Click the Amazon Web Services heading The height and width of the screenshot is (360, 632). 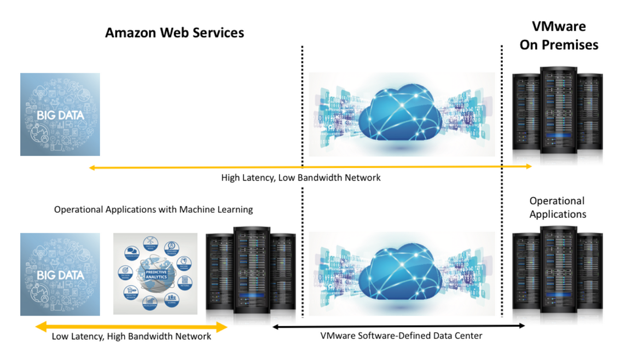[x=174, y=33]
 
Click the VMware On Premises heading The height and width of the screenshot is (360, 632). [x=559, y=36]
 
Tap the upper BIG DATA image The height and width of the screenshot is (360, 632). [x=60, y=114]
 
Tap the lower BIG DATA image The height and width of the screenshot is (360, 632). [x=60, y=274]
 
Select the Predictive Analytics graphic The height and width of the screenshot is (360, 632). [x=155, y=274]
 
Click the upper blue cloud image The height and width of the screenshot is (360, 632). [x=402, y=114]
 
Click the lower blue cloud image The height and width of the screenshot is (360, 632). [x=402, y=274]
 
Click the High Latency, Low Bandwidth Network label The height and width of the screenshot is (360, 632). [x=301, y=178]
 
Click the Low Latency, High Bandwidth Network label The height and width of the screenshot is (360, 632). [x=131, y=336]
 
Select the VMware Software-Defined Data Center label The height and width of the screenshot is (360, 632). [x=401, y=336]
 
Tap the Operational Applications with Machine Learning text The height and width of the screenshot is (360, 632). [x=153, y=210]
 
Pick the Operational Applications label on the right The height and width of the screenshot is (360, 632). [x=558, y=207]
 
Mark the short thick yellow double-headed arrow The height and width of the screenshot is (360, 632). [x=131, y=327]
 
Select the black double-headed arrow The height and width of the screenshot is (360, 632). [x=399, y=326]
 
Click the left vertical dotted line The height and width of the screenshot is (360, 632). [x=303, y=181]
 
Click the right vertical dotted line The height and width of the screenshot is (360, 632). [x=502, y=181]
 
